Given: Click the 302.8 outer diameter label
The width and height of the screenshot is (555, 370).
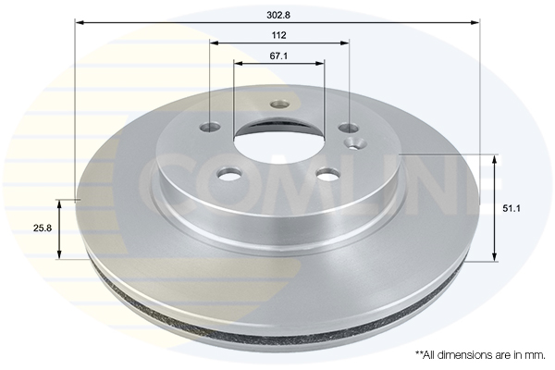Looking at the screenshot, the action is point(278,15).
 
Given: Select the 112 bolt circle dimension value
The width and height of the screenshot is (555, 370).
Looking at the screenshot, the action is point(279,35).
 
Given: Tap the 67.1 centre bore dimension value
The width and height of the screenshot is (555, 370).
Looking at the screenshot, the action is point(279,55).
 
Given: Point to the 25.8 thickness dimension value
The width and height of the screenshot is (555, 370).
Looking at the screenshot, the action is point(43,228).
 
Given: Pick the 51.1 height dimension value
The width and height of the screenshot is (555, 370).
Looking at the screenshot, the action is point(512,208).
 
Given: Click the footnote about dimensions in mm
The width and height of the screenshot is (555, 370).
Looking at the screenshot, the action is point(480,355).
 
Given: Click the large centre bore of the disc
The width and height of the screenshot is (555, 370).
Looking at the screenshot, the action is point(279,141).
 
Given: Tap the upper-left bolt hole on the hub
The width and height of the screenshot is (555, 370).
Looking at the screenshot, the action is point(210,126).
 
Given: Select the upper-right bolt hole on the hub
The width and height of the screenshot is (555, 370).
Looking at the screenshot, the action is point(349,128).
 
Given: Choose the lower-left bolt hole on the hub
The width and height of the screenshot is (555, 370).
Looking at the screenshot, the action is point(229,174).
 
